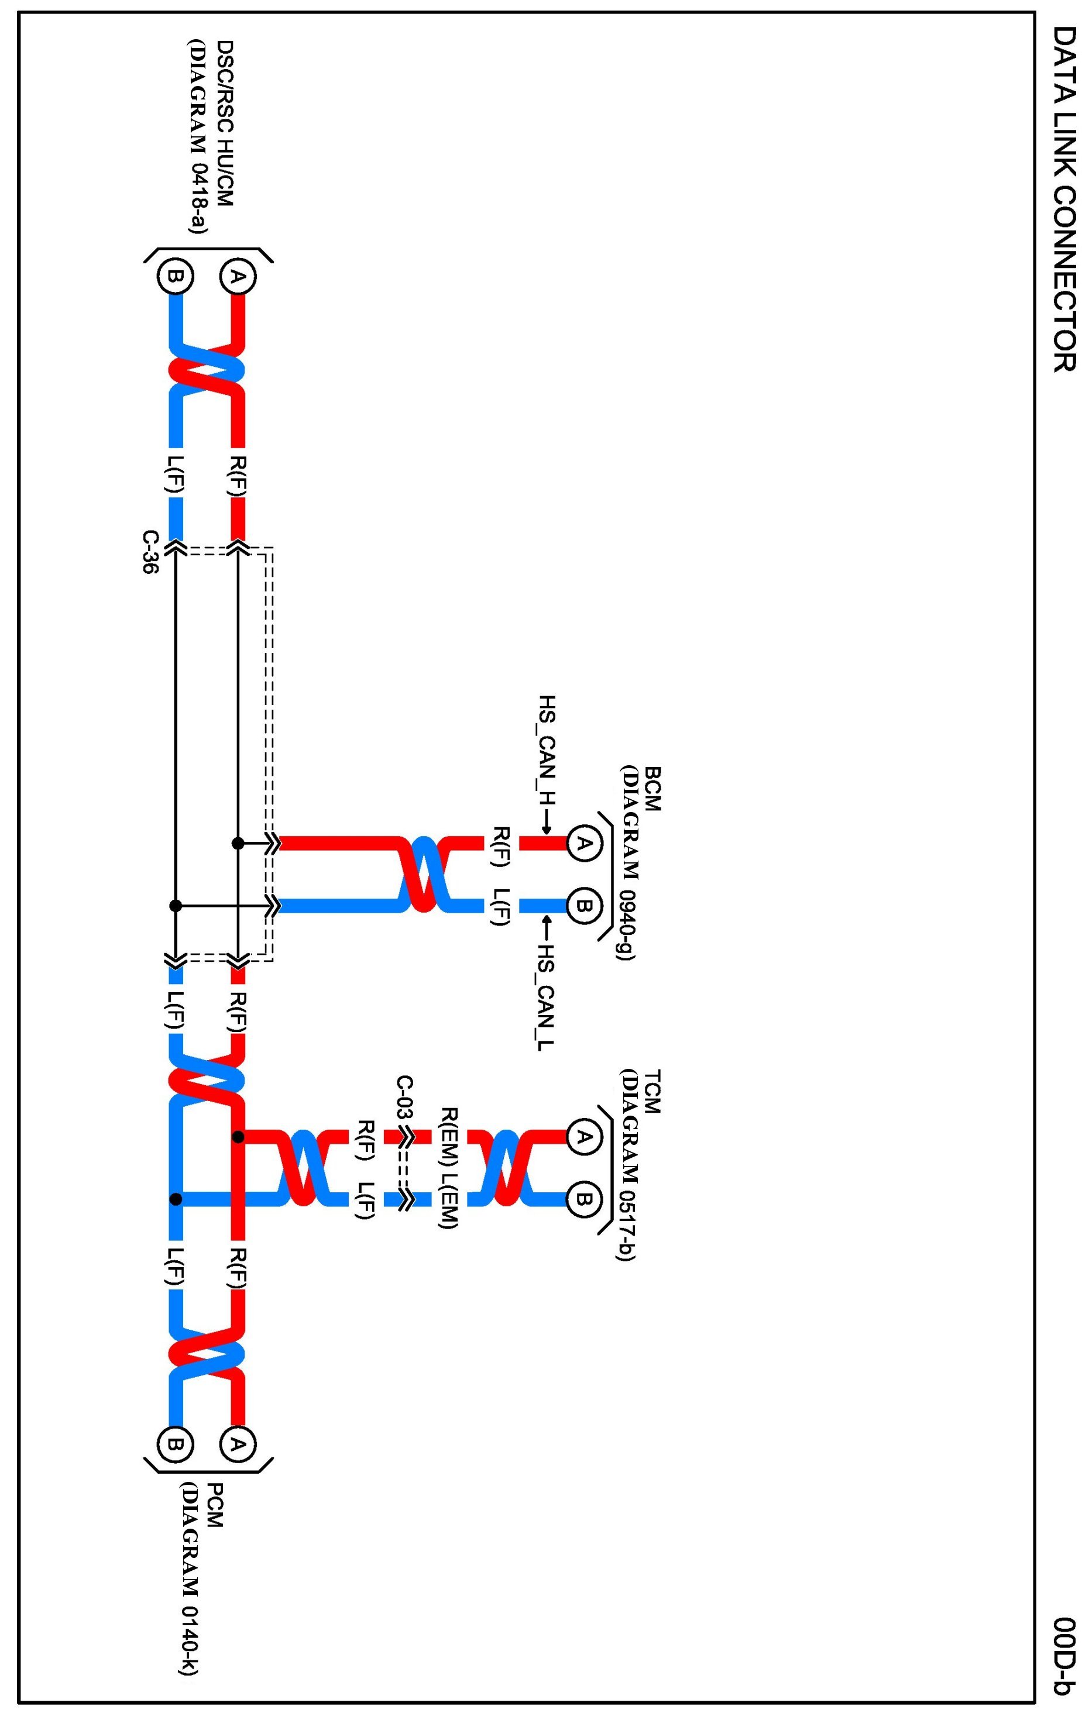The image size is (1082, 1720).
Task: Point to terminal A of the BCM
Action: pos(584,844)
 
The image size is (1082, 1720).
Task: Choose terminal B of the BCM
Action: pos(584,906)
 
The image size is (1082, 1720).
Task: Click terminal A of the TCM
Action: pos(584,1136)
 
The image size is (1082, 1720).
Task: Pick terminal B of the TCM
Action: pos(584,1199)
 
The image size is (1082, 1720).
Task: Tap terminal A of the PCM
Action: pos(238,1444)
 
